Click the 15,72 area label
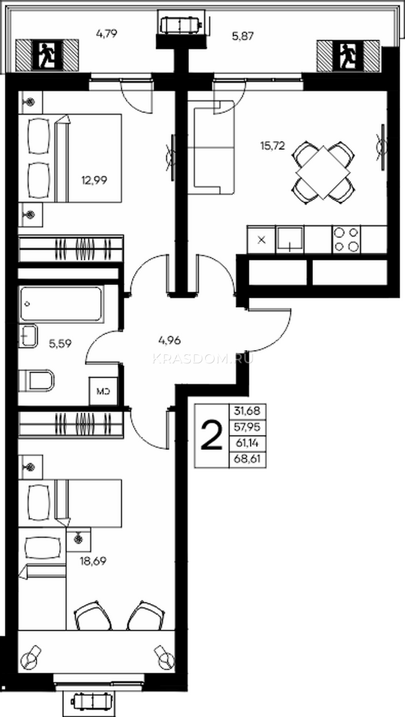pos(273,146)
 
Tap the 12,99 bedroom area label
pos(94,180)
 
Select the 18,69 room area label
pos(93,561)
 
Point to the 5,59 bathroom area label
pos(60,344)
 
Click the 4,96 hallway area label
pos(169,340)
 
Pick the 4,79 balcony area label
pos(106,33)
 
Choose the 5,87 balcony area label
pos(243,36)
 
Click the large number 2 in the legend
pos(211,436)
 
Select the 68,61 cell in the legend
pos(247,459)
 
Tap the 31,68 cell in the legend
pos(247,410)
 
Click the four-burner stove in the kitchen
pos(346,240)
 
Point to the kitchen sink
pos(290,240)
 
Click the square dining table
pos(323,172)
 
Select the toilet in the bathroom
pos(36,381)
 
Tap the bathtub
pos(61,304)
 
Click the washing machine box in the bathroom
pos(103,391)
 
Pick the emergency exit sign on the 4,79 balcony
pos(47,56)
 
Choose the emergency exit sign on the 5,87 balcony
pos(348,56)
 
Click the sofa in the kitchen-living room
pos(211,147)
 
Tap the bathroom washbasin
pos(28,336)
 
